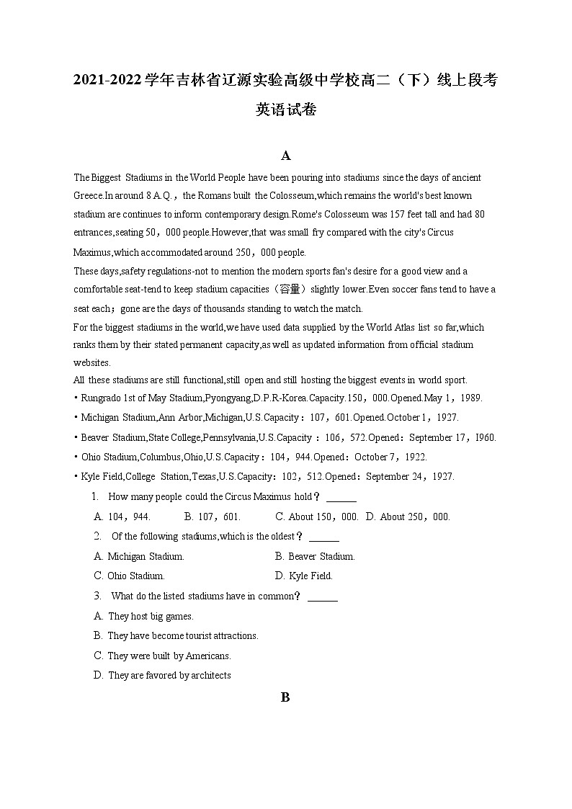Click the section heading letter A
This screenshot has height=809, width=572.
point(286,156)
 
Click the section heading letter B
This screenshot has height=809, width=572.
point(285,697)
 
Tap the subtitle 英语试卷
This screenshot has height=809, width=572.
point(286,110)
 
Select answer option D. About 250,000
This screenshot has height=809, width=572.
point(408,517)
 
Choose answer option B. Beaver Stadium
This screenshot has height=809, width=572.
point(315,556)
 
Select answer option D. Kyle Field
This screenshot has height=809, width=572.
point(303,576)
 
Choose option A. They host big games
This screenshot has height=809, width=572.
point(144,616)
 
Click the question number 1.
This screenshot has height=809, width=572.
point(94,496)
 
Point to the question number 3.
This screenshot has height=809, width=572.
point(97,596)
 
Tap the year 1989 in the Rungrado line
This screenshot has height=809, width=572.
point(470,398)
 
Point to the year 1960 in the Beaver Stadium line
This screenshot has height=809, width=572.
point(484,437)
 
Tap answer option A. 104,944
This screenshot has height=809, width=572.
point(122,517)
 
